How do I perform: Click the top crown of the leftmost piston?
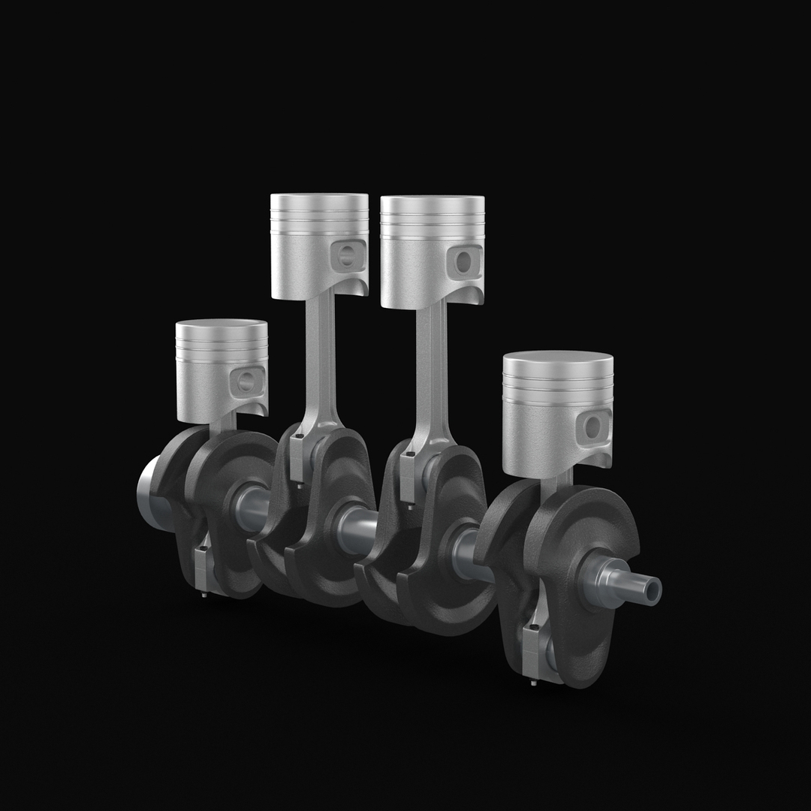point(222,325)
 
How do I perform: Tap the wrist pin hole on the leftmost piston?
point(246,382)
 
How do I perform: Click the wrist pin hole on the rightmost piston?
point(593,427)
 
